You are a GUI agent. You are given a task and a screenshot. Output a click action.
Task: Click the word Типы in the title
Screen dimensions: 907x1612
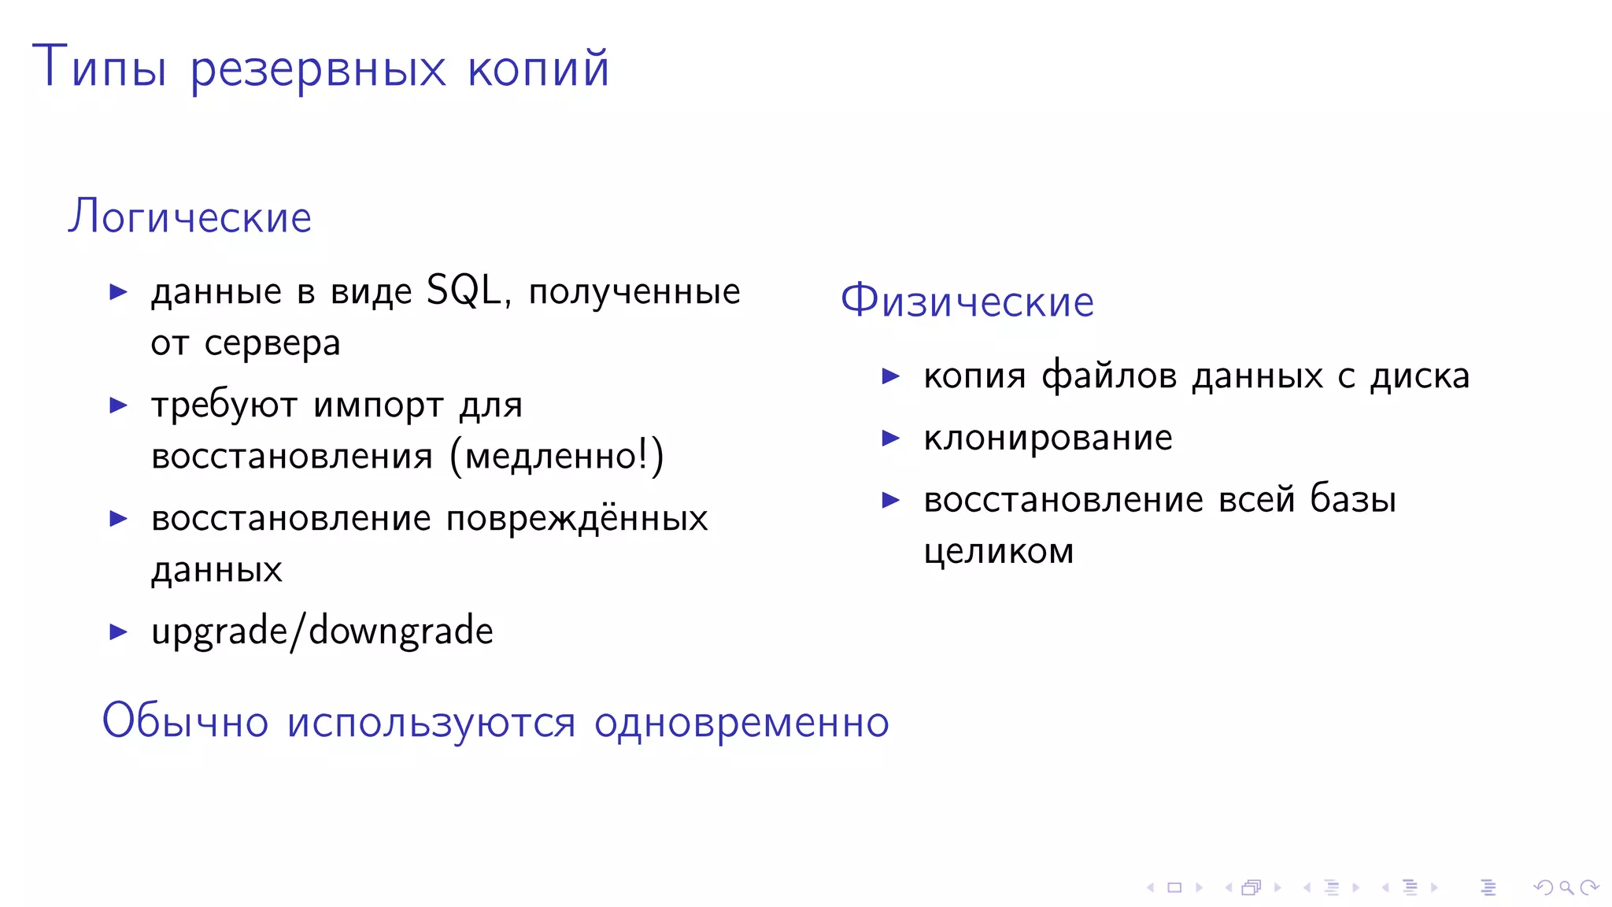[99, 68]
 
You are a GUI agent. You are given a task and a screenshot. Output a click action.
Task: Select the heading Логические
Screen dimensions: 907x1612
[190, 217]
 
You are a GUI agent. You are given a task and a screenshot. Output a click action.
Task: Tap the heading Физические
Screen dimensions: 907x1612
[967, 301]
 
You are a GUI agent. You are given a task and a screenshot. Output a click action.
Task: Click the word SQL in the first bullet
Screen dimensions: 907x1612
[464, 291]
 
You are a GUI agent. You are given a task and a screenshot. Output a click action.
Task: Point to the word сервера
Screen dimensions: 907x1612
[272, 343]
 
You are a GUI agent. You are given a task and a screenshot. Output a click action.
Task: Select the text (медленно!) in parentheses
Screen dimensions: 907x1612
[556, 456]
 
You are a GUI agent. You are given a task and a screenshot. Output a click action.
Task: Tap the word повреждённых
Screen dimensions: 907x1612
[577, 519]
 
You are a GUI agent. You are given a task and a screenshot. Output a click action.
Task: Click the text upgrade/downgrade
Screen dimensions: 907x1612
[322, 631]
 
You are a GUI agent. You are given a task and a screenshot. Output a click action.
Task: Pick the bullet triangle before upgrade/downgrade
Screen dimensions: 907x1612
[119, 631]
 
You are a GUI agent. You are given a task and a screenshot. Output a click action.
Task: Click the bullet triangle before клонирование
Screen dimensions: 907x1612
[891, 438]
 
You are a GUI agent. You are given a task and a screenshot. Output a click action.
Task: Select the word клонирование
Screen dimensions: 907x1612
[1048, 438]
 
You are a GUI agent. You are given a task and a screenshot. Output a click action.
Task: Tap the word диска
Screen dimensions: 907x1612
[1420, 376]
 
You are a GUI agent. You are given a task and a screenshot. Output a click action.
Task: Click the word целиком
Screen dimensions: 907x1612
[999, 551]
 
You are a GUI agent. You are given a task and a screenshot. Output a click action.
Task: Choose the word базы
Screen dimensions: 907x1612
[1353, 499]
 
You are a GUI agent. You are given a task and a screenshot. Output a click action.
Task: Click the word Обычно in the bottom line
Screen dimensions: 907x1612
[185, 721]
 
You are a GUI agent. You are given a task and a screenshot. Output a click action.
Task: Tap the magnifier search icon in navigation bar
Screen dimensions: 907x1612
[1566, 888]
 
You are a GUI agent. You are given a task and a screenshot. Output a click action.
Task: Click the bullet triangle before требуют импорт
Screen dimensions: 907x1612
[119, 405]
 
